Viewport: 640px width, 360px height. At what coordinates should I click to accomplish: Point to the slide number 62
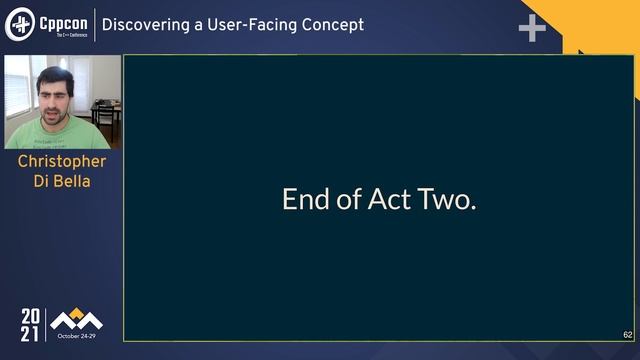tap(627, 335)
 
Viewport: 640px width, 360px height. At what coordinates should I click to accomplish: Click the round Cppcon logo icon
tap(21, 25)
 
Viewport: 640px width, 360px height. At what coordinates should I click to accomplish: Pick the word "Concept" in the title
tap(334, 25)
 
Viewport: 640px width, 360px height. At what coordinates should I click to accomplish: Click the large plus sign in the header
tap(532, 28)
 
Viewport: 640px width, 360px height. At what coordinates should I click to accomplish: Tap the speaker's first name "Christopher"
tap(62, 161)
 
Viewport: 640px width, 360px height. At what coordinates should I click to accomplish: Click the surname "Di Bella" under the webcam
tap(62, 181)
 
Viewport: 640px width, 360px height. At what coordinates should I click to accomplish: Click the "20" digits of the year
tap(31, 317)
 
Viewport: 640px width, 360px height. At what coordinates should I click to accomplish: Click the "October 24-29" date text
tap(76, 335)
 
